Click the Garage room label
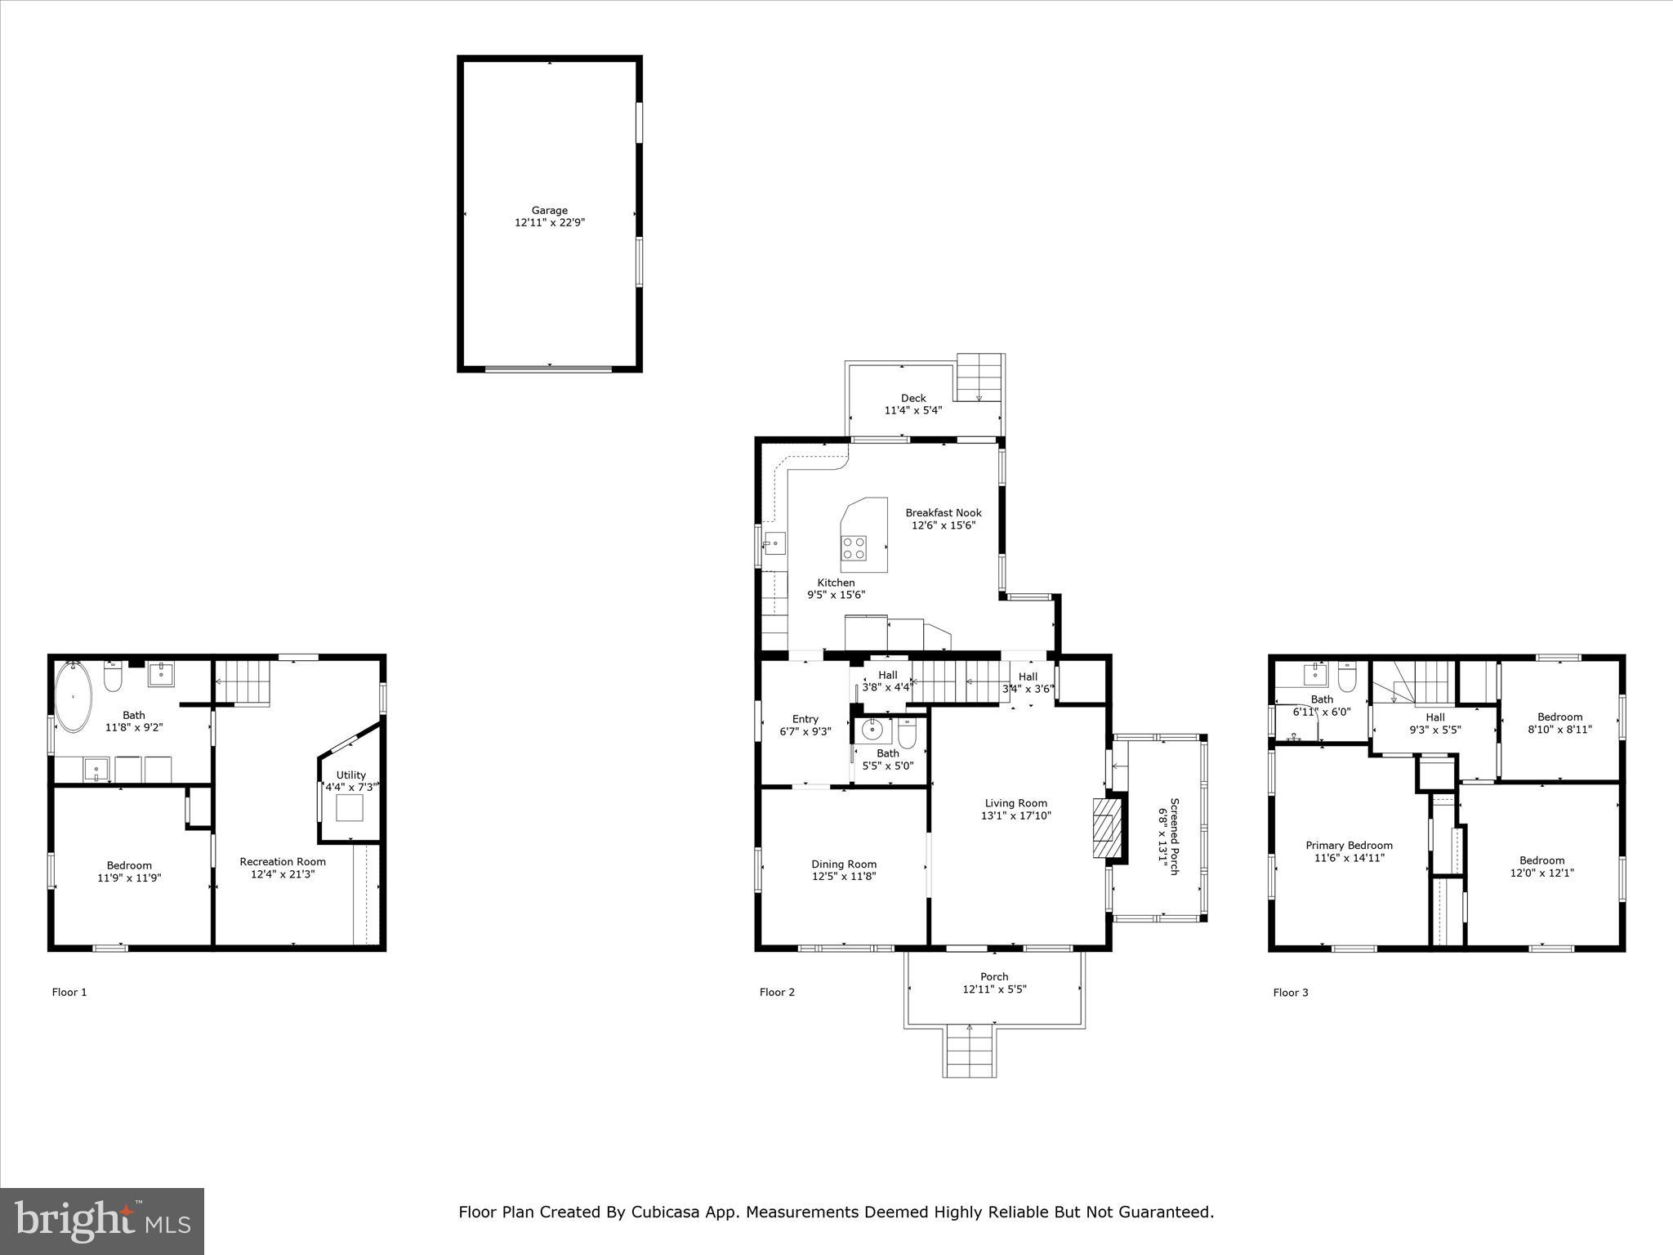point(549,211)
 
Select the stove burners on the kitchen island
point(854,547)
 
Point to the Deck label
point(913,399)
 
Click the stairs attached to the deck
point(979,377)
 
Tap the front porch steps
point(970,1052)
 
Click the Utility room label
point(351,775)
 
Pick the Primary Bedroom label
point(1349,846)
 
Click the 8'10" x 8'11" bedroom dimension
point(1559,730)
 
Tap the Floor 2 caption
point(777,992)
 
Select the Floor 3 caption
point(1291,993)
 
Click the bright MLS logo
point(102,1221)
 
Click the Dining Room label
point(844,864)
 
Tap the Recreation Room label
point(283,861)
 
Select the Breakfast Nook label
point(944,513)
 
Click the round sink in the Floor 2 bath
point(872,726)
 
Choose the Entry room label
point(805,719)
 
